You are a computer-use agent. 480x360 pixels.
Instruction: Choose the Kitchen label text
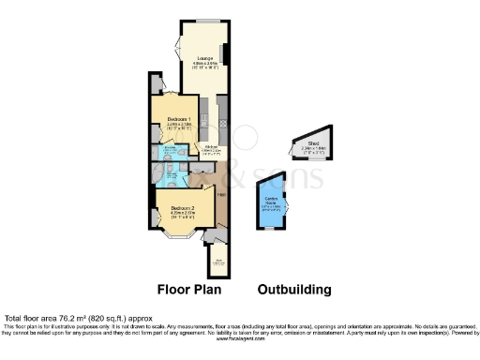tap(213, 147)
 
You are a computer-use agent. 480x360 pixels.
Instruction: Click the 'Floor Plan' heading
tap(187, 290)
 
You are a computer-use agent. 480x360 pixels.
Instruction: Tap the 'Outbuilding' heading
tap(293, 290)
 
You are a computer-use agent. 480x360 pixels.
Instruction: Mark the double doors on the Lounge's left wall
tap(176, 48)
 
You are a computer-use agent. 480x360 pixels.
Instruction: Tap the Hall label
tap(220, 195)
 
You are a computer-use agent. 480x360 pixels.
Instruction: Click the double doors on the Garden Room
tap(288, 205)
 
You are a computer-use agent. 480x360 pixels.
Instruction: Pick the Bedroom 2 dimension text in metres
tap(183, 213)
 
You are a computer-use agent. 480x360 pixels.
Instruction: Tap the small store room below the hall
tap(219, 262)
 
